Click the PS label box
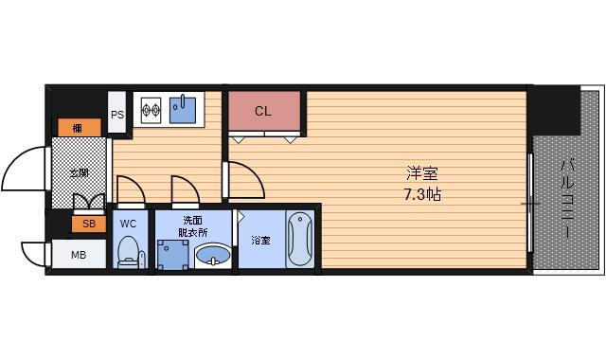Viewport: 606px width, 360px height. (118, 115)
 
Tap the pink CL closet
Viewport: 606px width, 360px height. (263, 112)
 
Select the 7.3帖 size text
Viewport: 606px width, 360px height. (420, 195)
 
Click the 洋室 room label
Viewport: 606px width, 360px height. (421, 174)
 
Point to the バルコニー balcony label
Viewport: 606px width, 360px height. (567, 200)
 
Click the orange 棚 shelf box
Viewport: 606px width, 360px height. (75, 128)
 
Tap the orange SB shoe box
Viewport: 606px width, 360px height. (88, 224)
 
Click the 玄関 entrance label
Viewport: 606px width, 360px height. (79, 173)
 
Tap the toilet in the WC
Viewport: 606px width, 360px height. (129, 251)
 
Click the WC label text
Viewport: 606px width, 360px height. (129, 224)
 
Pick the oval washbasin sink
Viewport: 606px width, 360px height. (211, 256)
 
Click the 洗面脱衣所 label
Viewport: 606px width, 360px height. (192, 227)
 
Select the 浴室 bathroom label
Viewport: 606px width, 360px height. (259, 240)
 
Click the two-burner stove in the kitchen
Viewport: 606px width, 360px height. (151, 111)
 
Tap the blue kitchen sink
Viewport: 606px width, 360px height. (185, 110)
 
